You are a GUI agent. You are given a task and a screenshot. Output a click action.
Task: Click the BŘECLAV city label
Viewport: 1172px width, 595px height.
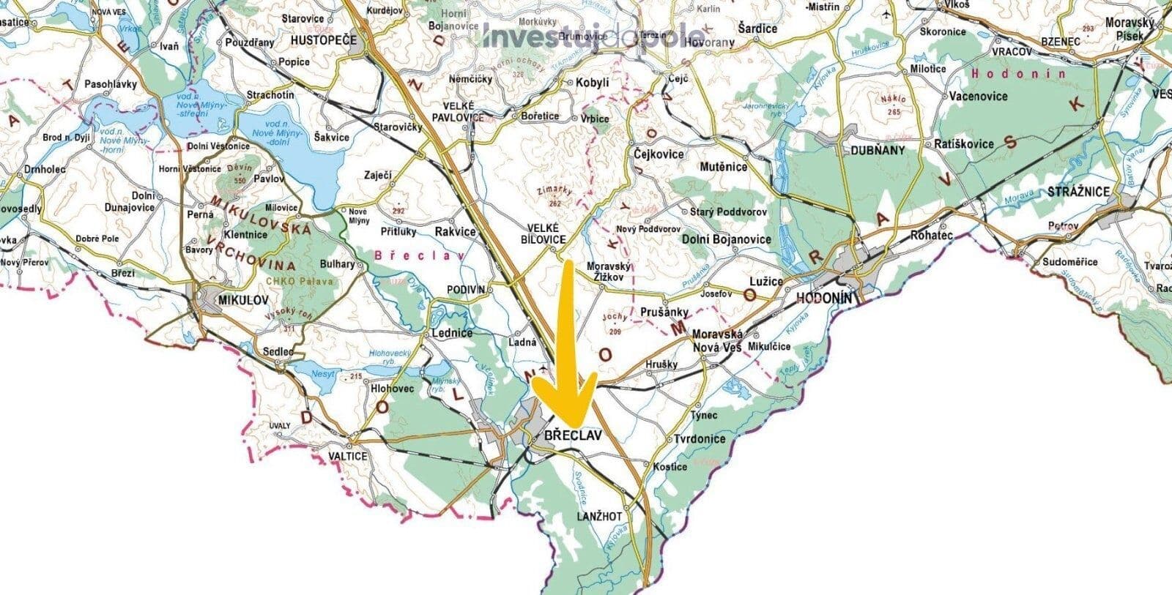[x=573, y=435]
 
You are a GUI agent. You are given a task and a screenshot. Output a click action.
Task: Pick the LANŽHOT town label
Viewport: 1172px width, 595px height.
[x=599, y=516]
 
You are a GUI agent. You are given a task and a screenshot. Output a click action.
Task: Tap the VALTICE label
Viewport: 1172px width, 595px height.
[x=347, y=456]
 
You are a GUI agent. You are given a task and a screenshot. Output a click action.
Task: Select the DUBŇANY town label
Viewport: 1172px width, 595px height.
[x=878, y=150]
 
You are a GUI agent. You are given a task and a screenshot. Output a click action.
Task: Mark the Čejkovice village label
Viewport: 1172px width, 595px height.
[x=657, y=154]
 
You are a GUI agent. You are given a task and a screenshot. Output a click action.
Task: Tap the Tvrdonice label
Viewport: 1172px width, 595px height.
[x=700, y=439]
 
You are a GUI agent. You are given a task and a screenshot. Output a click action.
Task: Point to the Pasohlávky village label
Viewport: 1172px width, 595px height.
[x=111, y=84]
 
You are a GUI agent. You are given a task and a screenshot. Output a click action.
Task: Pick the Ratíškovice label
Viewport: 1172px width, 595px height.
[x=964, y=144]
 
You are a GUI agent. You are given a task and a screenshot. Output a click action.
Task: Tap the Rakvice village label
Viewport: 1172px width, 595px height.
[x=455, y=232]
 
